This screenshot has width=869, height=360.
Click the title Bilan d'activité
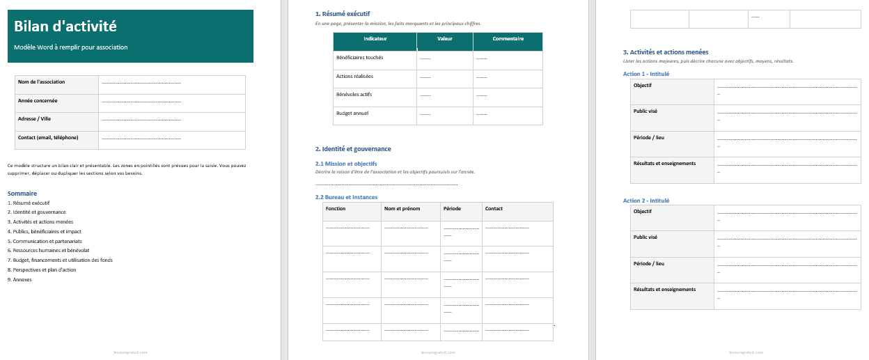(65, 27)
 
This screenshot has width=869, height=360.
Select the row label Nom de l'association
(42, 82)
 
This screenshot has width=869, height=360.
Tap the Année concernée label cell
(38, 101)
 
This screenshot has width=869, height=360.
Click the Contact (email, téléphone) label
(48, 138)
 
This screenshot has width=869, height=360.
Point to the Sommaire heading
(22, 193)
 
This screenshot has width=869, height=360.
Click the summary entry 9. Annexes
(19, 279)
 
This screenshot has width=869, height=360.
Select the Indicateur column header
(375, 39)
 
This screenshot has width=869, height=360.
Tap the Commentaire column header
(508, 39)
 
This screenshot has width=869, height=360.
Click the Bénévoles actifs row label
(353, 94)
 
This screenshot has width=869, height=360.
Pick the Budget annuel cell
(352, 113)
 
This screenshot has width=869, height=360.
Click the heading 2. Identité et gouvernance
(352, 149)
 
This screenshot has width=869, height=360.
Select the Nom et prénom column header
(402, 209)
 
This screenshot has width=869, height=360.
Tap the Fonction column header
(336, 209)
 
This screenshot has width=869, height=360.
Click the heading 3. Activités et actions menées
(665, 52)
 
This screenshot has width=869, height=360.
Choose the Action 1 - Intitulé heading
(645, 74)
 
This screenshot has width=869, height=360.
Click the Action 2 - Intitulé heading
(645, 201)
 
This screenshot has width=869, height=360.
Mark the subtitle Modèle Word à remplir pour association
(71, 47)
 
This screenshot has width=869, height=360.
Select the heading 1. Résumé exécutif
(342, 14)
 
